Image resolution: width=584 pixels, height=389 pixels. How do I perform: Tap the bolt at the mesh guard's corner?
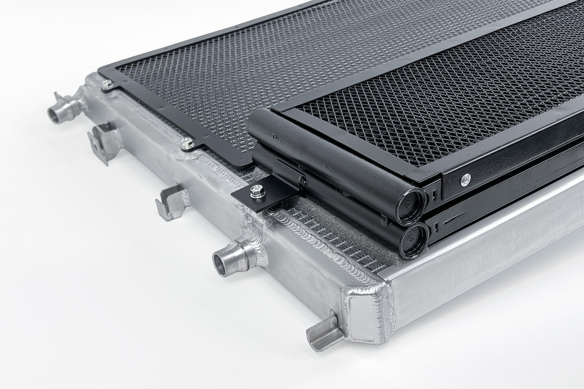(107, 86)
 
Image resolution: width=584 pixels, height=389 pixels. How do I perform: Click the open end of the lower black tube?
(415, 238)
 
